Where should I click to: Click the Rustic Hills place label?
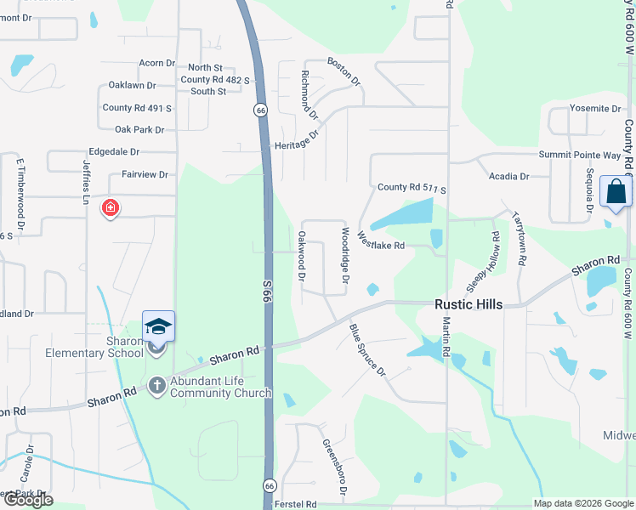468,304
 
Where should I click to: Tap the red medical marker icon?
110,207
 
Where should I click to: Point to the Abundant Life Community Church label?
220,387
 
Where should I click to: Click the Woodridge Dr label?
345,255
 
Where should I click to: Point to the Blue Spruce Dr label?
368,349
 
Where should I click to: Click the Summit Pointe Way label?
580,155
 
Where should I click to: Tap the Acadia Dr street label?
508,176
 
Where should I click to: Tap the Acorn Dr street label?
156,63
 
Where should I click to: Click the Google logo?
28,500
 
